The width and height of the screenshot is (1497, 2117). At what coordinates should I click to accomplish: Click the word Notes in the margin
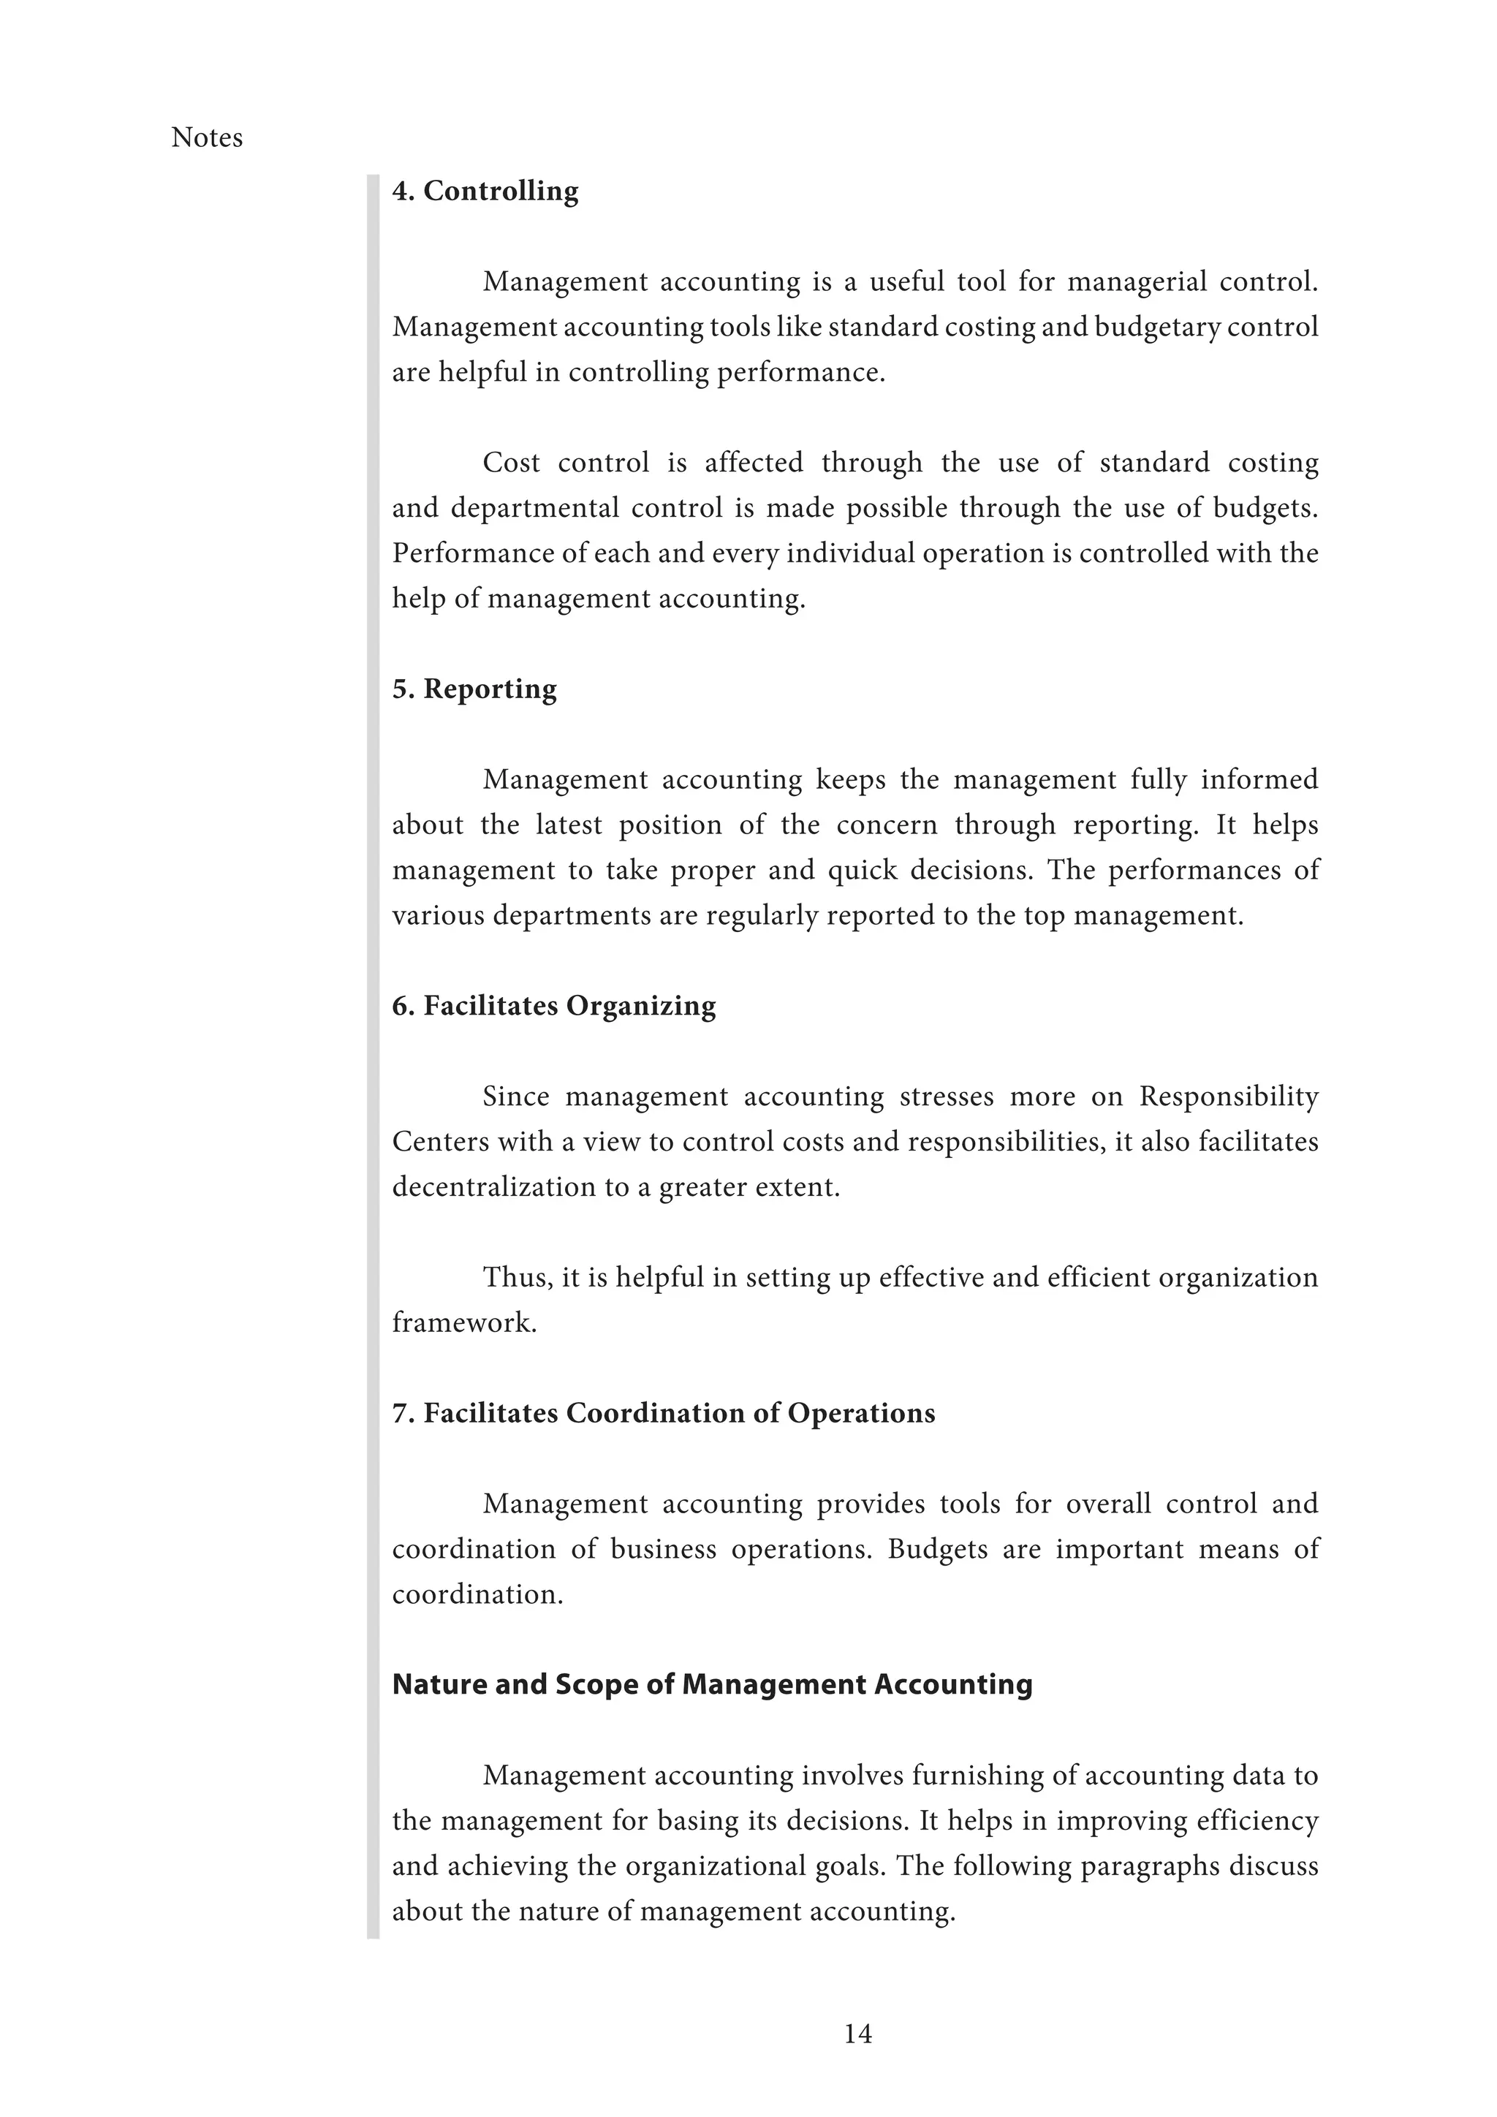pos(206,137)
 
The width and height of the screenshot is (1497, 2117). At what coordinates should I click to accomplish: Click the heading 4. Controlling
pos(485,191)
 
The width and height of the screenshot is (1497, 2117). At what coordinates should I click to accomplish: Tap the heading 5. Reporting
pos(474,689)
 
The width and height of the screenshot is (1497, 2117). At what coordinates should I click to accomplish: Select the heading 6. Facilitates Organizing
pos(553,1005)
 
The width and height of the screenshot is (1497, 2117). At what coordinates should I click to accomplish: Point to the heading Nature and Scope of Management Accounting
pos(712,1684)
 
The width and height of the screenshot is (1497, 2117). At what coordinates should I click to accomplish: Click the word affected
pos(753,463)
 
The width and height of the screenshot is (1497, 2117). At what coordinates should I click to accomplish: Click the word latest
pos(568,825)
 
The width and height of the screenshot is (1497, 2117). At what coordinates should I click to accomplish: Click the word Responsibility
pos(1228,1097)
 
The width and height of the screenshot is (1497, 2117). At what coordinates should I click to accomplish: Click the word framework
pos(463,1323)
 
